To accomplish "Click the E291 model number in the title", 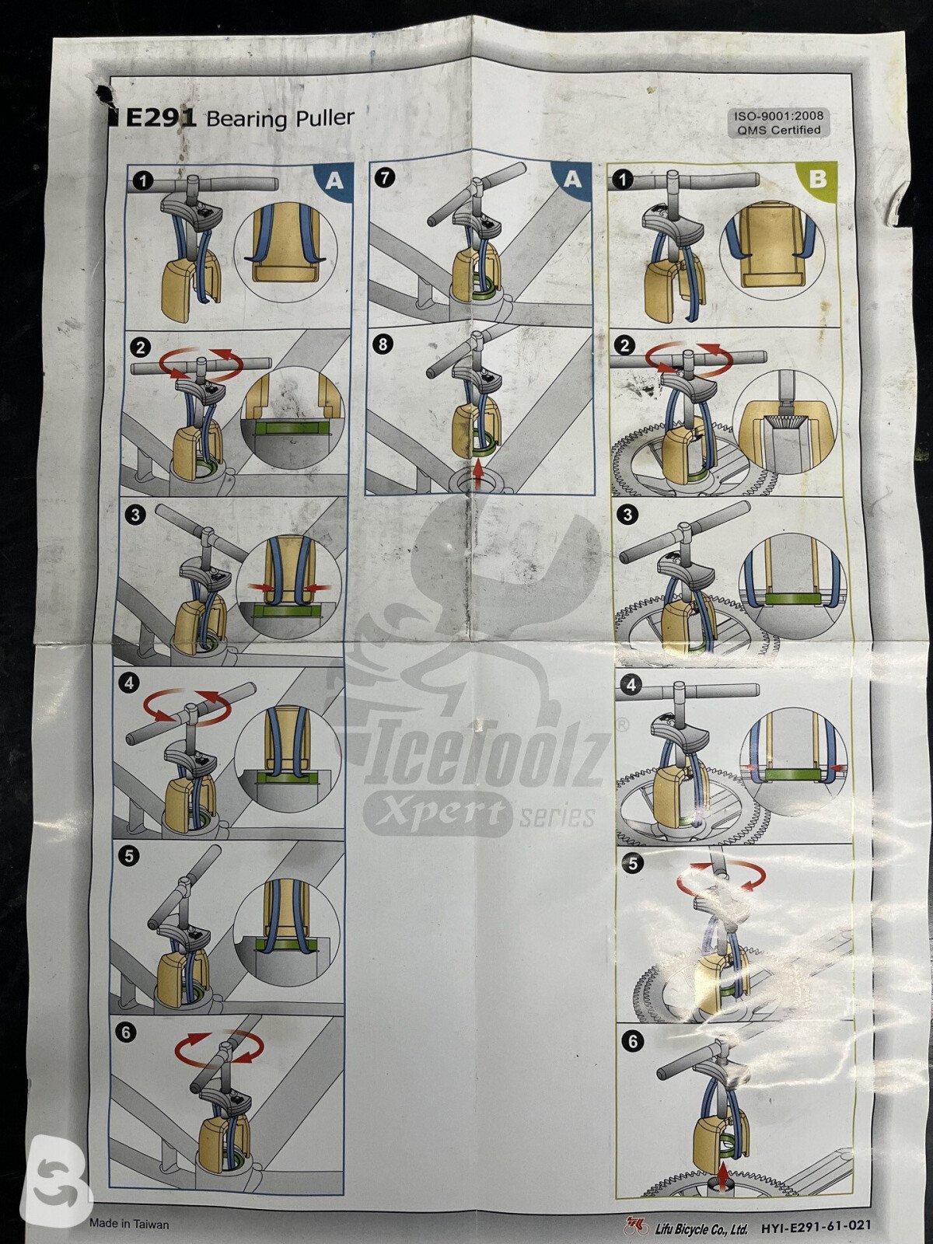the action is [160, 118].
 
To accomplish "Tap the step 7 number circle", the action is [384, 177].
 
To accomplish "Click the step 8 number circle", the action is [384, 344].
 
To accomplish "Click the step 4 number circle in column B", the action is [633, 685].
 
